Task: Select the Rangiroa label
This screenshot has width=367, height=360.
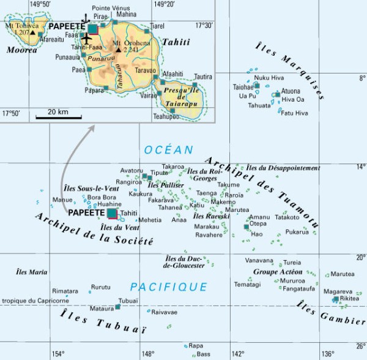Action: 129,182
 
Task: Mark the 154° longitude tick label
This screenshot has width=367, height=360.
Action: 57,353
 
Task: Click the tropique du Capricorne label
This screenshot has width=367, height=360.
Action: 35,301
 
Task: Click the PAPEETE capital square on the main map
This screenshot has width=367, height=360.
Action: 113,213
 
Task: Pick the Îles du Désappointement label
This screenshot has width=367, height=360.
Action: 283,168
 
